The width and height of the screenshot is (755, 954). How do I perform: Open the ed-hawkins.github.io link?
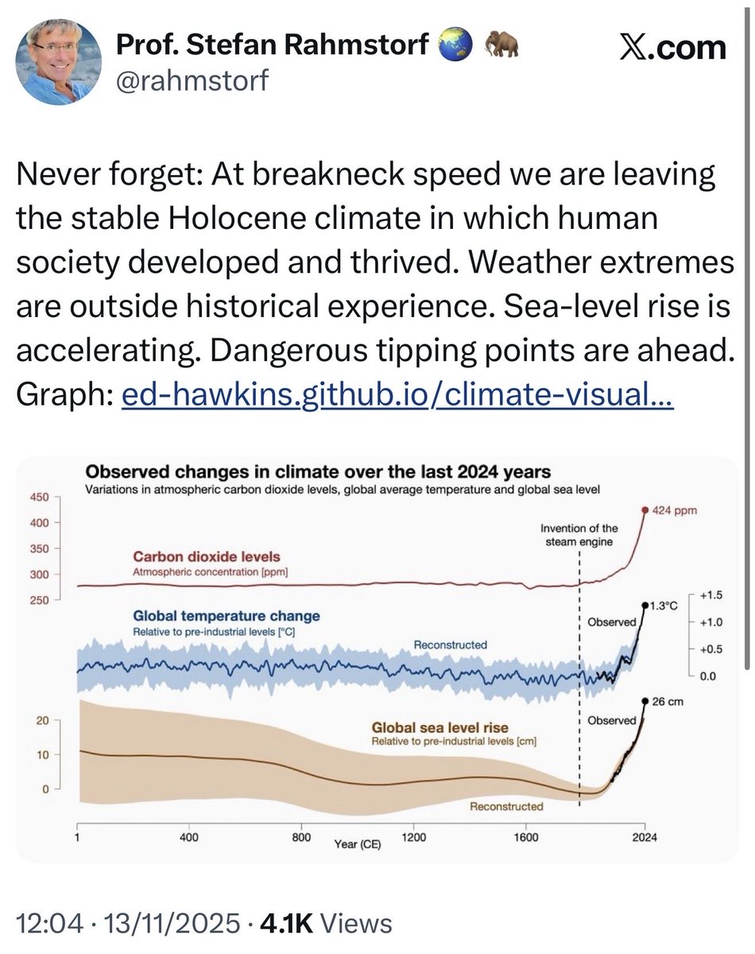point(397,396)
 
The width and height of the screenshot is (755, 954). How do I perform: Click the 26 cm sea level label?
point(667,702)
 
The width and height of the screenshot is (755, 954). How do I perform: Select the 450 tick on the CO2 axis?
point(40,497)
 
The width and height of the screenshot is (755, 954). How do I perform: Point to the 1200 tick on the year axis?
point(414,836)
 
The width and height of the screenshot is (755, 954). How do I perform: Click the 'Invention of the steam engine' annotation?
point(578,534)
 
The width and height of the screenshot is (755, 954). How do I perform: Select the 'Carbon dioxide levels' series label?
point(206,556)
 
